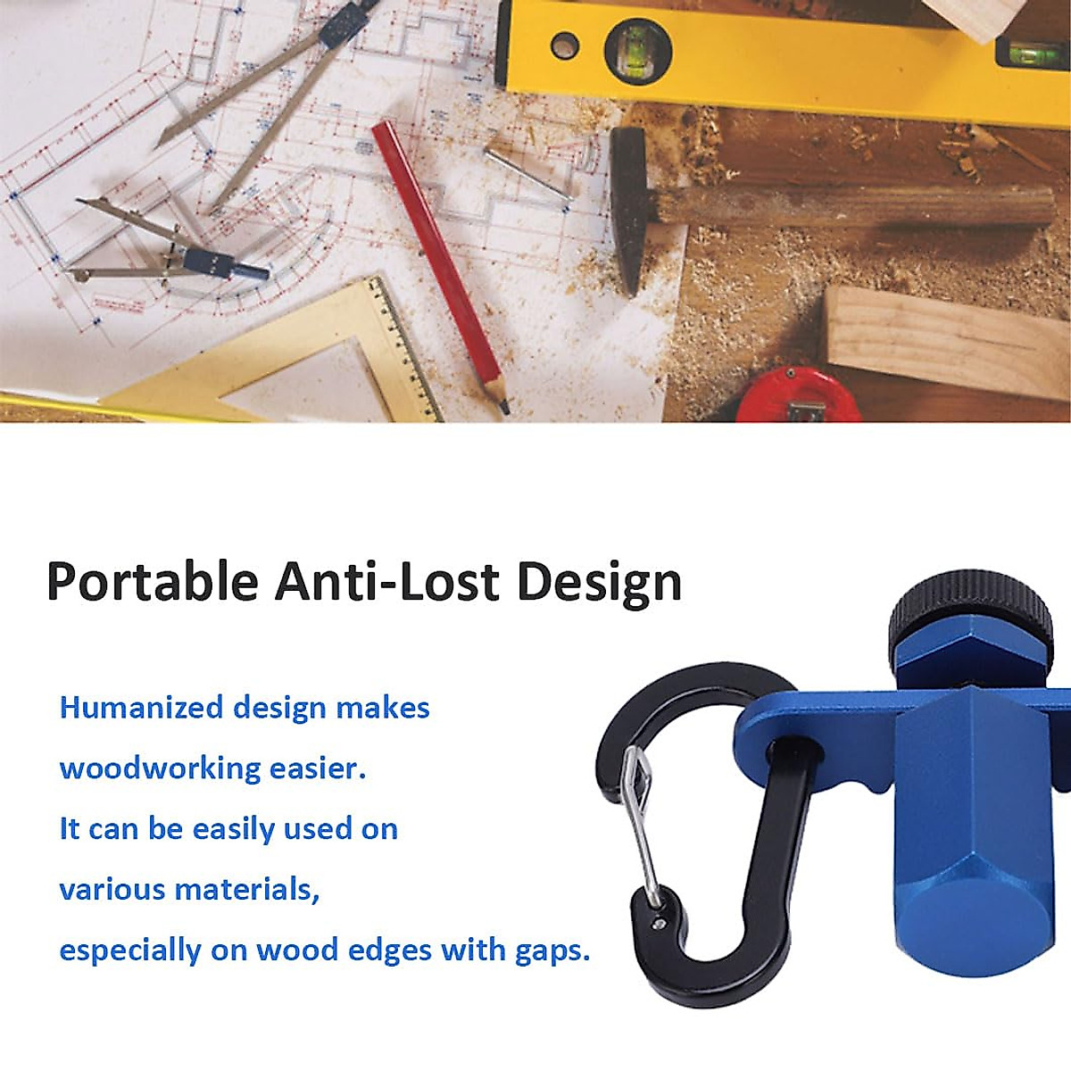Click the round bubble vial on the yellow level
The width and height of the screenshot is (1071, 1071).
coord(638,53)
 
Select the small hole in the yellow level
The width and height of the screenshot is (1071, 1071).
coord(565,46)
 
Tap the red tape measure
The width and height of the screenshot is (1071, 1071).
coord(798,394)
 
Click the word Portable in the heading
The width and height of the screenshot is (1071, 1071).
coord(153,582)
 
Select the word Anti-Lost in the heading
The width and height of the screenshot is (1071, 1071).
coord(386,581)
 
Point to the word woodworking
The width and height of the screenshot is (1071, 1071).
coord(160,768)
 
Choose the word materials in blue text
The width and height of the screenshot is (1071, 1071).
coord(246,889)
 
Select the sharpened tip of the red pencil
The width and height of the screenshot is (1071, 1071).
coord(503,409)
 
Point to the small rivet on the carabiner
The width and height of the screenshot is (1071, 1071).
coord(659,925)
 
